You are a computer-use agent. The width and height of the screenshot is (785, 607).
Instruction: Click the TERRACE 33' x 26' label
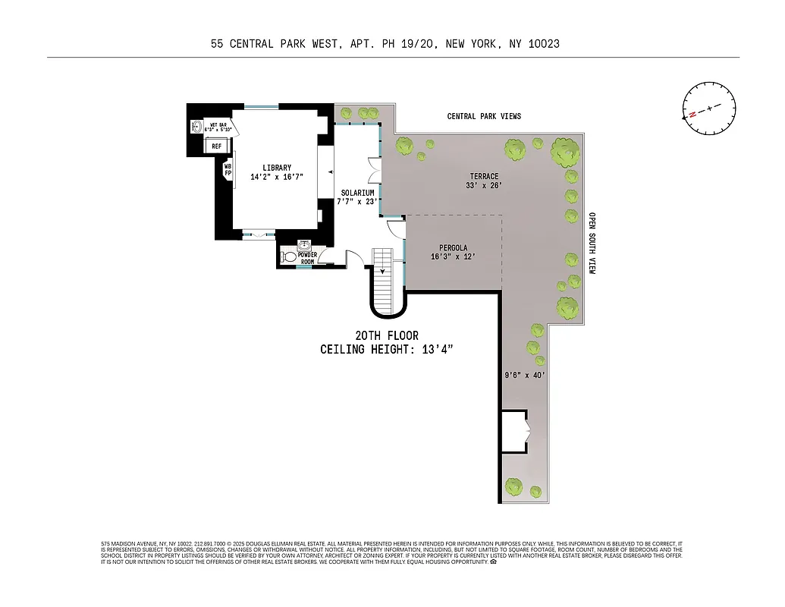pyautogui.click(x=483, y=181)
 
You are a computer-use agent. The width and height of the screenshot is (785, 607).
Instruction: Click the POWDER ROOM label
pyautogui.click(x=307, y=258)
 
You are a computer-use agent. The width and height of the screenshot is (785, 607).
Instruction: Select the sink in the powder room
pyautogui.click(x=305, y=245)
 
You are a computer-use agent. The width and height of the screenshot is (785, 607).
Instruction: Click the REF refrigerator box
pyautogui.click(x=216, y=146)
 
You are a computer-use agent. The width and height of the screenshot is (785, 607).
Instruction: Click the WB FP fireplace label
pyautogui.click(x=227, y=169)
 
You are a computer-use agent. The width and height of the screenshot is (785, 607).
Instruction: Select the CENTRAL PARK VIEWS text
pyautogui.click(x=484, y=116)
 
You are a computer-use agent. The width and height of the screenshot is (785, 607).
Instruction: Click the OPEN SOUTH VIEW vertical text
pyautogui.click(x=592, y=243)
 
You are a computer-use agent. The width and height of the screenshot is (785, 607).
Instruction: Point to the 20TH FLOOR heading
pyautogui.click(x=386, y=335)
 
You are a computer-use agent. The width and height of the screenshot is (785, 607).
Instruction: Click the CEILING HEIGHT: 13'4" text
pyautogui.click(x=386, y=349)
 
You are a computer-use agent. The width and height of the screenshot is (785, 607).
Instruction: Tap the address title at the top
pyautogui.click(x=385, y=44)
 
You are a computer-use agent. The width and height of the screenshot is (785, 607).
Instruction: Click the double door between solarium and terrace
pyautogui.click(x=372, y=171)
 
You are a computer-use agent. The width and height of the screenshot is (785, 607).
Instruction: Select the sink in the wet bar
pyautogui.click(x=195, y=127)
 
